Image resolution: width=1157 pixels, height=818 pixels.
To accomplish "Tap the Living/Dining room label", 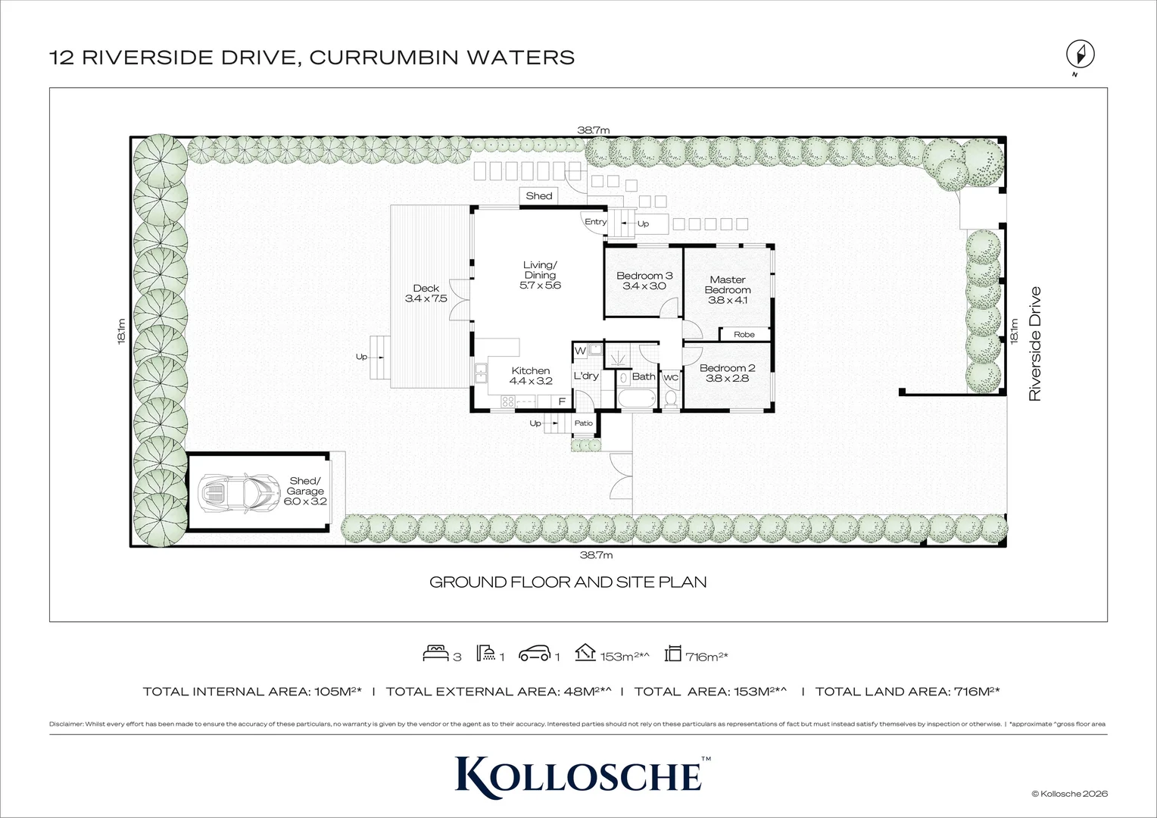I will pyautogui.click(x=540, y=275).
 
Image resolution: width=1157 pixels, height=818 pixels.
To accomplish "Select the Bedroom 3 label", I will pyautogui.click(x=644, y=281).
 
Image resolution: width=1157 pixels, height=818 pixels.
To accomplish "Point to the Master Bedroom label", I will pyautogui.click(x=728, y=289).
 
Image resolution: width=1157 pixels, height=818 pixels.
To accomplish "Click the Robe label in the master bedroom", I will pyautogui.click(x=744, y=334).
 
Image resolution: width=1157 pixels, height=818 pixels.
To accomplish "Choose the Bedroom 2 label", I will pyautogui.click(x=727, y=373).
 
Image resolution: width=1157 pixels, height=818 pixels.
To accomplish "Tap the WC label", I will pyautogui.click(x=670, y=376).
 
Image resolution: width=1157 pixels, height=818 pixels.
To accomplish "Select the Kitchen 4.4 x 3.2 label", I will pyautogui.click(x=530, y=376).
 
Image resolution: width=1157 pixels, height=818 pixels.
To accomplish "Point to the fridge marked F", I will pyautogui.click(x=562, y=401).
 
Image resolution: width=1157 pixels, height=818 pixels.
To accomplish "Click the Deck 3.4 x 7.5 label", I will pyautogui.click(x=426, y=293).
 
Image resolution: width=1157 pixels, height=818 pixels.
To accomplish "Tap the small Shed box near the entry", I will pyautogui.click(x=539, y=195).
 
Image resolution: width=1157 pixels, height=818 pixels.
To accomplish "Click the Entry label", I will pyautogui.click(x=595, y=222).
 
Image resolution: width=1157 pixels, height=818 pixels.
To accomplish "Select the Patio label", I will pyautogui.click(x=583, y=423).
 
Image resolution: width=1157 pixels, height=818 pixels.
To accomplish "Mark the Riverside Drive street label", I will pyautogui.click(x=1035, y=343).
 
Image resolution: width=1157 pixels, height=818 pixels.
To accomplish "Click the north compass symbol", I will pyautogui.click(x=1081, y=55).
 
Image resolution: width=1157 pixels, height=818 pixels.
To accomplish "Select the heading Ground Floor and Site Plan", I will pyautogui.click(x=568, y=582).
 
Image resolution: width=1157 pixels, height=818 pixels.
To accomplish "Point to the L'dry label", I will pyautogui.click(x=585, y=376).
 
